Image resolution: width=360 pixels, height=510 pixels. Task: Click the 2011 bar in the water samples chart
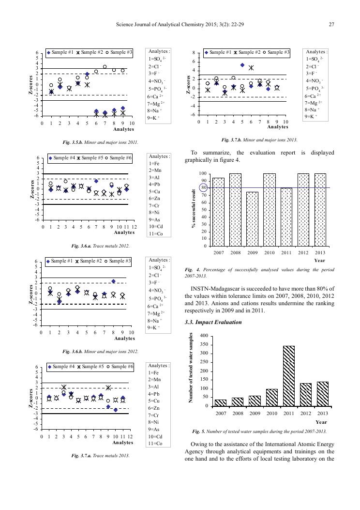pyautogui.click(x=288, y=376)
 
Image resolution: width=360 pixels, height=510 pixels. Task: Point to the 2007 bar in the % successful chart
pyautogui.click(x=218, y=212)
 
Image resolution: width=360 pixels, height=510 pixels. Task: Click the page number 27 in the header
pyautogui.click(x=331, y=25)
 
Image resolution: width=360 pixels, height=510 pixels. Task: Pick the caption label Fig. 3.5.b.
pyautogui.click(x=74, y=143)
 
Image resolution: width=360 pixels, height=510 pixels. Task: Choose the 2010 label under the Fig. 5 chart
pyautogui.click(x=271, y=413)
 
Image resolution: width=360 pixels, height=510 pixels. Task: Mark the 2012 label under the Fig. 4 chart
pyautogui.click(x=303, y=252)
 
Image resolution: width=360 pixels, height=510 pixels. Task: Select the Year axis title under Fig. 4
pyautogui.click(x=320, y=260)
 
